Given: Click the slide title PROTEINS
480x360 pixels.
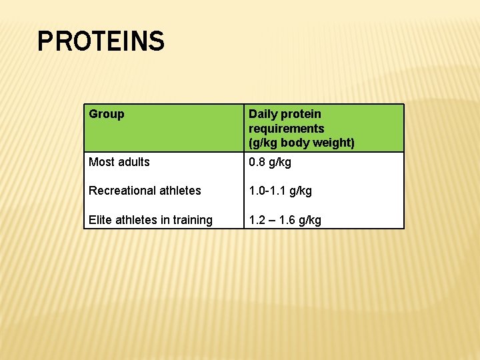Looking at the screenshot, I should (101, 41).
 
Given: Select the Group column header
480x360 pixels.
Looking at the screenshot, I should (107, 114).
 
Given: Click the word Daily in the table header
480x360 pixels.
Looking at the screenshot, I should (263, 114).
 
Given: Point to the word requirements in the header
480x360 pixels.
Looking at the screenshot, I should (287, 128).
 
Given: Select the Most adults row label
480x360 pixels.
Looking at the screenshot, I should (119, 162).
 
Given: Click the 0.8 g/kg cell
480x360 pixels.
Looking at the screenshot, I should (270, 162).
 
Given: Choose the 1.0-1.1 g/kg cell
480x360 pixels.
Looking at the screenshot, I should (280, 191).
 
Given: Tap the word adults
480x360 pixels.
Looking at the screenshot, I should (133, 162).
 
